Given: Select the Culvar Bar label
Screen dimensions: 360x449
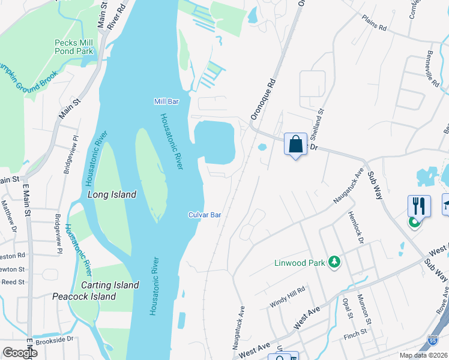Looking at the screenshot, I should [x=205, y=214].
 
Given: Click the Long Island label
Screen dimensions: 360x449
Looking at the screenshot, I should [x=112, y=194].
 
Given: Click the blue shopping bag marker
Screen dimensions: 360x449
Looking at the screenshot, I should [x=295, y=144].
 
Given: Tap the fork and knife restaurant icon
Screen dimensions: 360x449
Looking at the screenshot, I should [x=419, y=206].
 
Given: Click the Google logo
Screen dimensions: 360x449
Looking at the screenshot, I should [x=19, y=353].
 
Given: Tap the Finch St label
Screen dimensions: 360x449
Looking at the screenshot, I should [x=355, y=332].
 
